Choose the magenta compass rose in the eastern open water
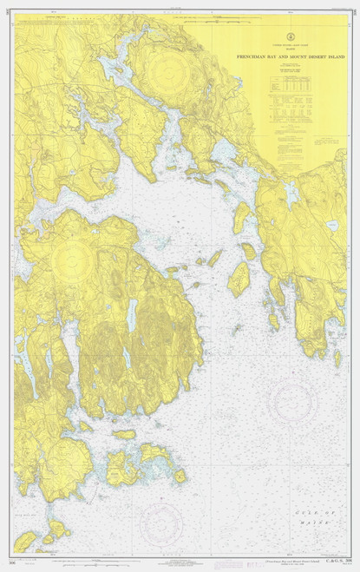point(291,400)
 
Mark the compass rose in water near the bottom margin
point(160,521)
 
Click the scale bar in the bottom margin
point(173,561)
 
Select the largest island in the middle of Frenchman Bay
point(239,279)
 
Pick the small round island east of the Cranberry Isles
point(180,476)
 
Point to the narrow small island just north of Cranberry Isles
point(124,435)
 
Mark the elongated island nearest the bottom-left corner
point(26,540)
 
